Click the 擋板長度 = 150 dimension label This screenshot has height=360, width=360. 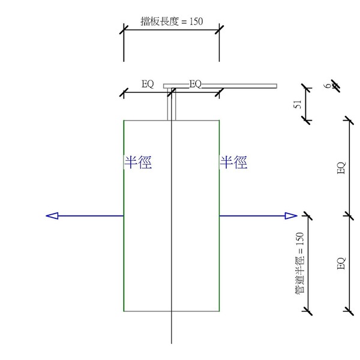coord(171,20)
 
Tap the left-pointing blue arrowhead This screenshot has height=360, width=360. coord(52,216)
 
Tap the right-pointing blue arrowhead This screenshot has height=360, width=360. coord(291,216)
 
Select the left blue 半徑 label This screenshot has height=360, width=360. coord(137,162)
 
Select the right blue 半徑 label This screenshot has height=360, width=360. coord(233,162)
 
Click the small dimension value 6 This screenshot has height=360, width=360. coord(328,86)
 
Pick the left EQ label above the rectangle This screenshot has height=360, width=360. coord(148,85)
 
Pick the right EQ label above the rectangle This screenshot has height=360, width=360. coord(196,85)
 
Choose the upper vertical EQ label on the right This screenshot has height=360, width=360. coord(341,168)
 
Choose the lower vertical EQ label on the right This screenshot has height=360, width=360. coord(341,263)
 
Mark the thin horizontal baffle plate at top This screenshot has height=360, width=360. coord(240,86)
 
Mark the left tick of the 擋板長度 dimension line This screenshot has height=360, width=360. coord(124,31)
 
